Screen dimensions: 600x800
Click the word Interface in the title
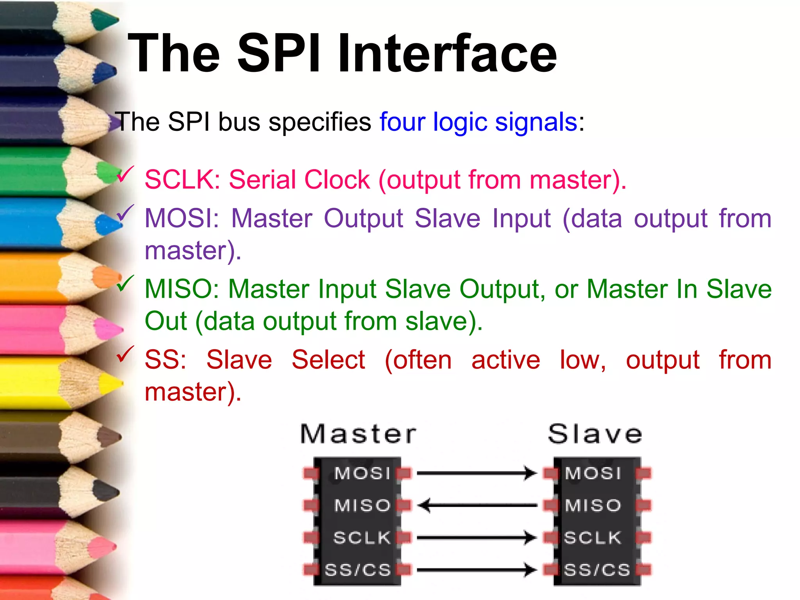click(447, 54)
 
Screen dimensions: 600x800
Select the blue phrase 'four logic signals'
click(478, 122)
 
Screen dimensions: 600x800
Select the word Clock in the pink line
click(337, 180)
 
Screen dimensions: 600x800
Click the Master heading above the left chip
click(358, 434)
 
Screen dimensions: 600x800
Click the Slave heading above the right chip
click(595, 434)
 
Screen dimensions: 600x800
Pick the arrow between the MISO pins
click(477, 505)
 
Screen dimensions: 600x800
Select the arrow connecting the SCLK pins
click(477, 538)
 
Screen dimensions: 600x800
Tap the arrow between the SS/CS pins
click(477, 570)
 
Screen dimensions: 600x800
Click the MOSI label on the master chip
click(362, 473)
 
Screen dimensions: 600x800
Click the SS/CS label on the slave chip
click(597, 570)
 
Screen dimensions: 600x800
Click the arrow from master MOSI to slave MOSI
click(477, 473)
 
